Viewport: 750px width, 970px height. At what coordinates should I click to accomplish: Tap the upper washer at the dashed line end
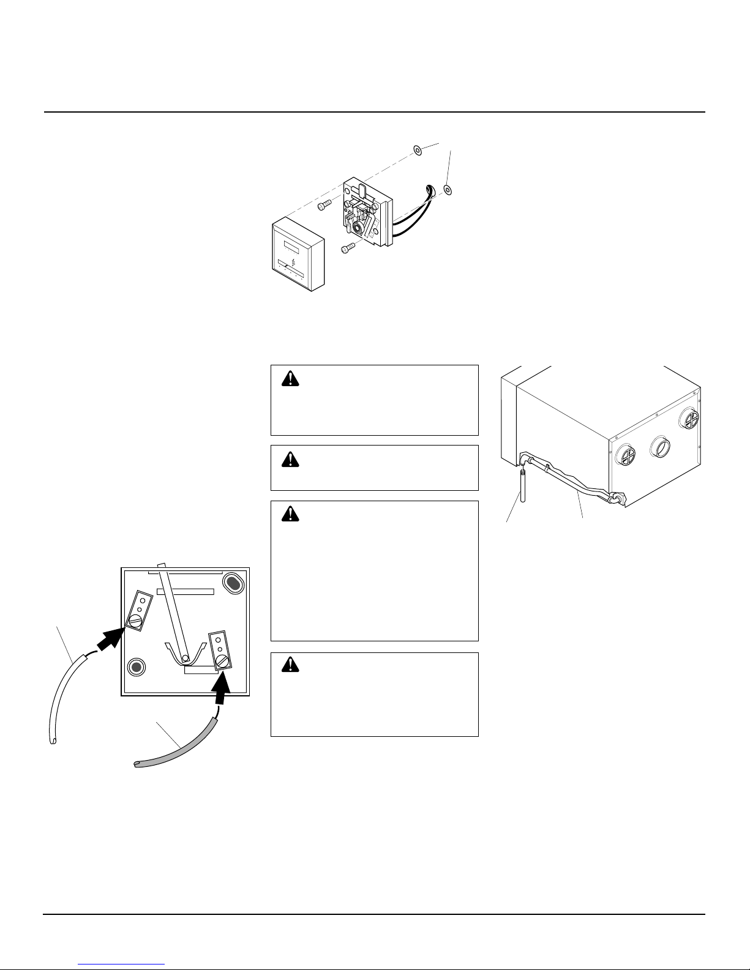click(x=417, y=149)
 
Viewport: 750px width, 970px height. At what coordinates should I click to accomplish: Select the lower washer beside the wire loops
click(x=448, y=190)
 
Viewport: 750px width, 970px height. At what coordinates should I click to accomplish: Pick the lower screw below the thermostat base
click(x=348, y=247)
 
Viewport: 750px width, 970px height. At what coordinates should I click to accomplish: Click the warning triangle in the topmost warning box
click(x=288, y=379)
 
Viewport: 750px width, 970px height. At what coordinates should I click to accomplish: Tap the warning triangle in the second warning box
click(x=288, y=458)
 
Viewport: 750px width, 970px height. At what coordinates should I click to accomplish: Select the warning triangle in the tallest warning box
click(x=288, y=514)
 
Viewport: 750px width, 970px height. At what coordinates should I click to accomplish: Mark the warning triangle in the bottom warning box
click(x=288, y=665)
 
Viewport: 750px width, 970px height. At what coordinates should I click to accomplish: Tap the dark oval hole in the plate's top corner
click(x=233, y=583)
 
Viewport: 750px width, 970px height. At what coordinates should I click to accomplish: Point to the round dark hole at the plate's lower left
click(x=137, y=667)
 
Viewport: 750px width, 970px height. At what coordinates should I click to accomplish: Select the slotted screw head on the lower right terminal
click(x=223, y=662)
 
